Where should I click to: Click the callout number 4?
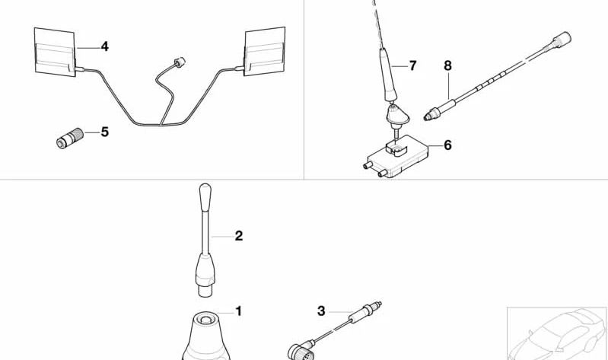[104, 46]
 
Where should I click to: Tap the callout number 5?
[104, 132]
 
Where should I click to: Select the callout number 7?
[412, 65]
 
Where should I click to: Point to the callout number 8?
[447, 67]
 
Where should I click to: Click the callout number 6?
[447, 145]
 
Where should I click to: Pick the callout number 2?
[238, 236]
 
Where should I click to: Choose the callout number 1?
[238, 311]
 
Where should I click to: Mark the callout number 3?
[321, 311]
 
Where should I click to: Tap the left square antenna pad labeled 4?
[55, 51]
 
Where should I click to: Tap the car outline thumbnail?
[558, 333]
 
